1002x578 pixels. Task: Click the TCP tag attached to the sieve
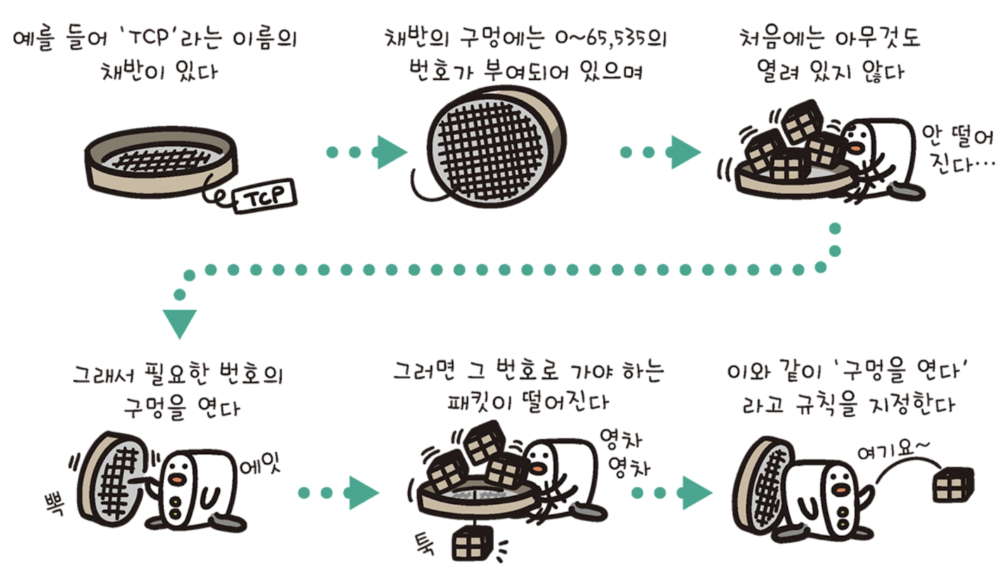coord(260,195)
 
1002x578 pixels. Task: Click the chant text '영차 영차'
coord(622,451)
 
